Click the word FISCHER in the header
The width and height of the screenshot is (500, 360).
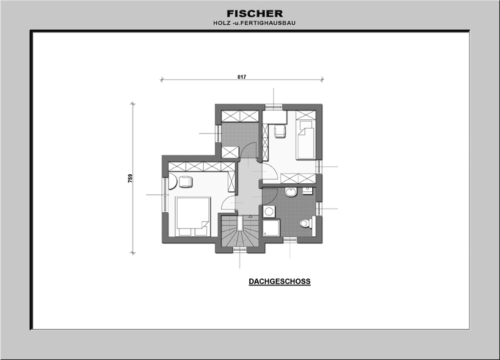coord(255,14)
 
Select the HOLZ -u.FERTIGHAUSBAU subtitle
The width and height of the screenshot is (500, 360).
coord(254,23)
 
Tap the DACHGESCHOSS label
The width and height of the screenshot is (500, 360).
coord(280,281)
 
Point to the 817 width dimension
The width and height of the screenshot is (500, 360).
coord(242,77)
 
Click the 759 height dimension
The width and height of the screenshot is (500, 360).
coord(130,178)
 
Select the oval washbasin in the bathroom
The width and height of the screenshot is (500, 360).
coord(291,193)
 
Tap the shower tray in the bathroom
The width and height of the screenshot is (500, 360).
coord(271,227)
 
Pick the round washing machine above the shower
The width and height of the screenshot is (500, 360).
coord(269,211)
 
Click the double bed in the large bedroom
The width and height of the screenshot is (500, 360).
coord(193,217)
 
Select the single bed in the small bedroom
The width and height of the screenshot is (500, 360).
coord(306,140)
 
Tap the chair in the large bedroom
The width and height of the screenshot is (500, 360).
coord(186,182)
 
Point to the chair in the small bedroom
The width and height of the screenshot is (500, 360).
coord(280,131)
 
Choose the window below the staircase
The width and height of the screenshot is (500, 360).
coord(240,250)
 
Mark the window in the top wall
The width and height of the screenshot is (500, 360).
coord(273,107)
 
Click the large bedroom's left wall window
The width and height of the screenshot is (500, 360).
coord(165,195)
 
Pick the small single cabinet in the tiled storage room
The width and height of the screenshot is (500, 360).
coord(230,152)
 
